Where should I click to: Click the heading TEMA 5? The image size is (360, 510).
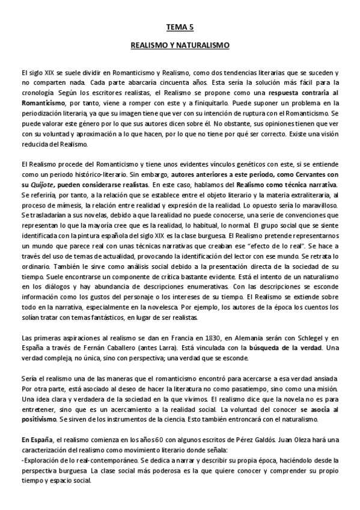point(180,27)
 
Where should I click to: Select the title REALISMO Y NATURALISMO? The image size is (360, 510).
point(180,45)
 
